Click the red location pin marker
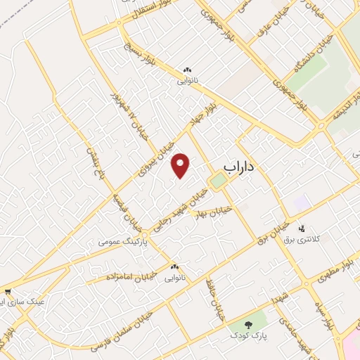[181, 165]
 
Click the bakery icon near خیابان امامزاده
[174, 266]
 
